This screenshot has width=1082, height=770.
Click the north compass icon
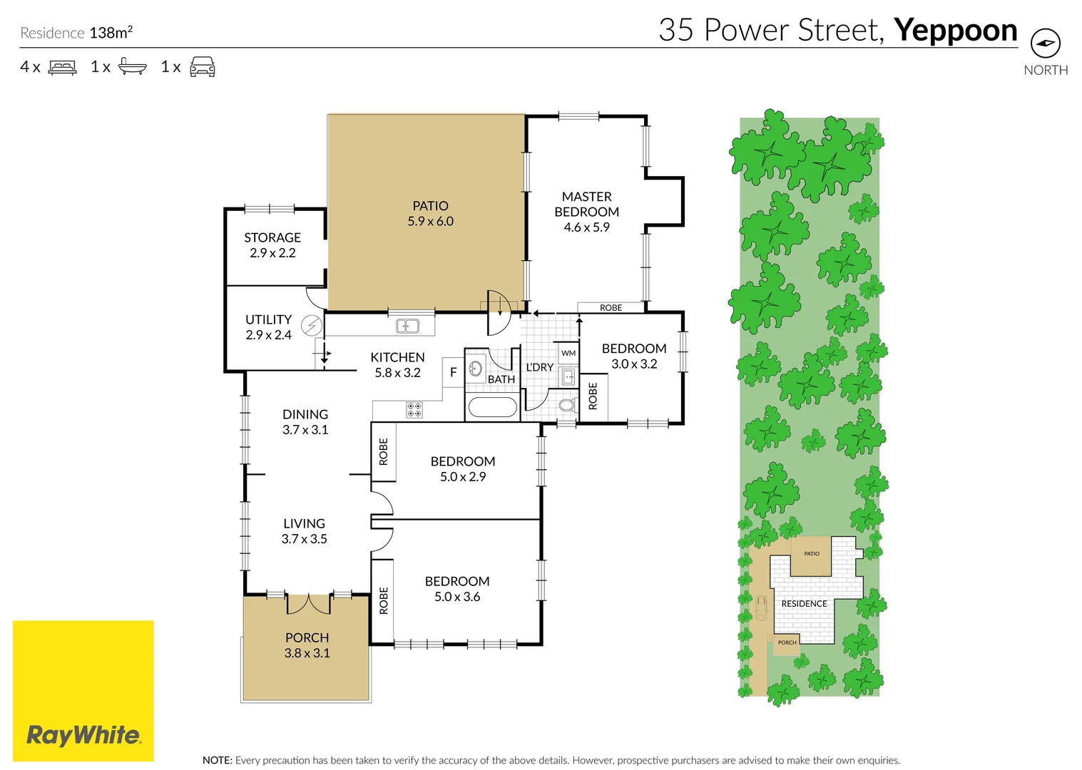click(x=1045, y=43)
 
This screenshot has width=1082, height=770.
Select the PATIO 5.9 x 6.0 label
click(x=430, y=213)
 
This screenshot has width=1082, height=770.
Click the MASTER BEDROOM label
click(x=586, y=204)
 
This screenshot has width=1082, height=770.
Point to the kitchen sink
click(x=407, y=327)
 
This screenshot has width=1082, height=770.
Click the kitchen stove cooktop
click(x=414, y=410)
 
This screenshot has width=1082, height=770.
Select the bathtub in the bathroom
click(x=492, y=407)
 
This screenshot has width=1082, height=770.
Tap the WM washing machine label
click(x=568, y=353)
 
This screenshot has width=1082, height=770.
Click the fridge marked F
click(x=453, y=372)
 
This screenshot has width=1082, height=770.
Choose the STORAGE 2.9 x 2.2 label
click(x=272, y=245)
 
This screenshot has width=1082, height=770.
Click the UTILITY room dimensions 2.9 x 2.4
click(x=268, y=335)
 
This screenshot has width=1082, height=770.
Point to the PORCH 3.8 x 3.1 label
click(x=307, y=645)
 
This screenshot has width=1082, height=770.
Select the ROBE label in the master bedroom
click(x=611, y=308)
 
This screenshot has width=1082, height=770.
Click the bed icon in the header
click(x=62, y=67)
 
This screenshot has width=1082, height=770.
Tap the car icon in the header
click(x=203, y=67)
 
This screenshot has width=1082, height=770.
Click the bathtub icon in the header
click(x=132, y=67)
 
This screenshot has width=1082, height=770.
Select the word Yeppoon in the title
click(x=955, y=30)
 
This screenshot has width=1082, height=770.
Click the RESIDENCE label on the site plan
click(x=804, y=604)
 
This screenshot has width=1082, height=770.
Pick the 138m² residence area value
click(x=111, y=33)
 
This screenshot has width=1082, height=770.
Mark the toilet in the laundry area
click(x=567, y=406)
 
